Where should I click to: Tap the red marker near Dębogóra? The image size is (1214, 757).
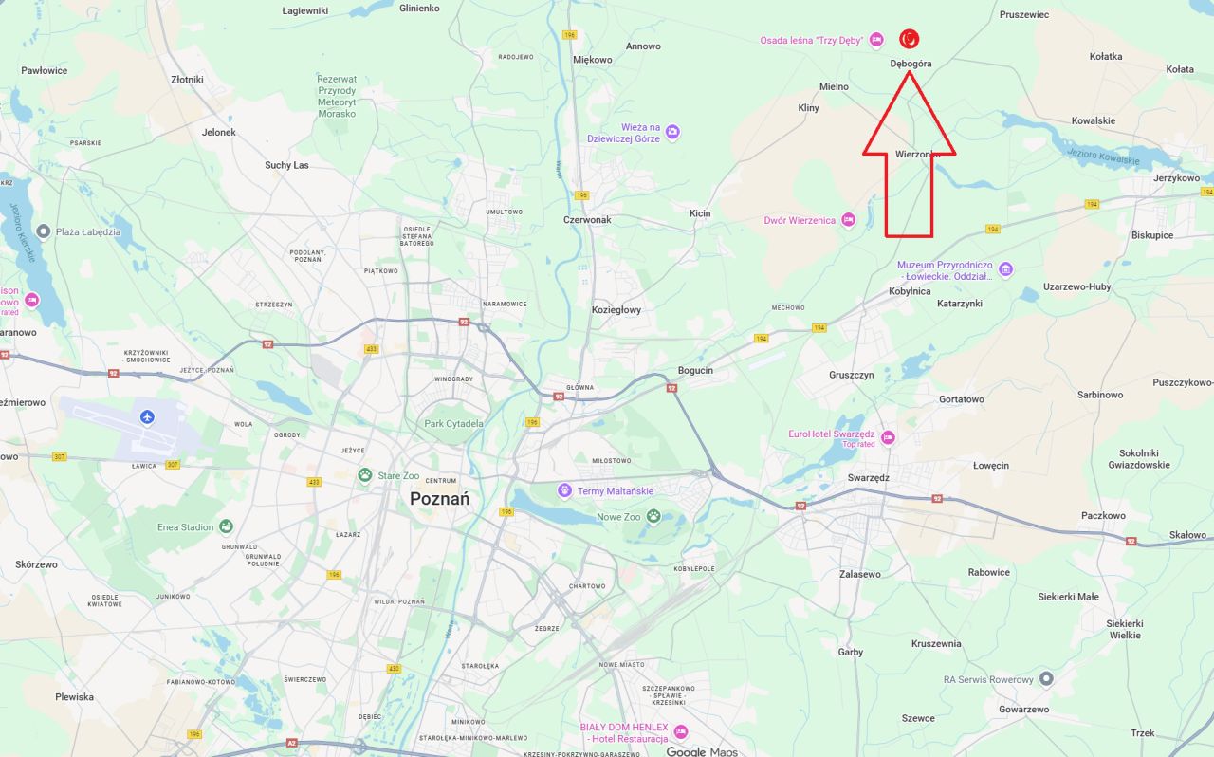909,39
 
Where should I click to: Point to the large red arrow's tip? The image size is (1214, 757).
908,72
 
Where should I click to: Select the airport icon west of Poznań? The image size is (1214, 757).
147,416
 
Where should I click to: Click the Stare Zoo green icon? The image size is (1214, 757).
365,474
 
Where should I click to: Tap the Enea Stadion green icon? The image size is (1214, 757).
226,526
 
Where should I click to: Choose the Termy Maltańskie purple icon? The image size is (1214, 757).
565,490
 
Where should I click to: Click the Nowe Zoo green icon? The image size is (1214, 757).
653,516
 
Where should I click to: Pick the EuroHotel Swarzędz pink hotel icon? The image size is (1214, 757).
888,437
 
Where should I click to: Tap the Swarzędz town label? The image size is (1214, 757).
868,477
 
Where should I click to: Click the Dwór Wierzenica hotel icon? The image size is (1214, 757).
849,220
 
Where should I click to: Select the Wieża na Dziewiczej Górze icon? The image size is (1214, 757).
672,132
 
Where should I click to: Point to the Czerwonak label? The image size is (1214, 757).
587,219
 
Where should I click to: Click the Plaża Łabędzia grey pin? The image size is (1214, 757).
43,231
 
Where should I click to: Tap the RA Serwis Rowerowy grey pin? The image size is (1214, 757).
1046,679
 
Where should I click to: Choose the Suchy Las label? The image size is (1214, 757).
286,165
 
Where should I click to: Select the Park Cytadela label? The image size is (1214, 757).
453,423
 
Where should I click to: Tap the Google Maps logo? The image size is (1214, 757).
701,751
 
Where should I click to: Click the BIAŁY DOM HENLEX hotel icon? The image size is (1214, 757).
680,731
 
